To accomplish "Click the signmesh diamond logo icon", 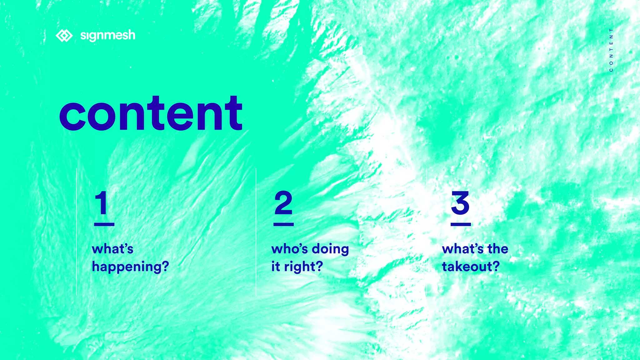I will pyautogui.click(x=64, y=36).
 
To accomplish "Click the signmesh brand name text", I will pyautogui.click(x=108, y=35).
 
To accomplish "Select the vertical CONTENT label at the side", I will pyautogui.click(x=611, y=50).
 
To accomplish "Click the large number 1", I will pyautogui.click(x=102, y=203).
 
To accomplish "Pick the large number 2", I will pyautogui.click(x=283, y=203).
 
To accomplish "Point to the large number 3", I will pyautogui.click(x=460, y=203).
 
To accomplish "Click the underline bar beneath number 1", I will pyautogui.click(x=104, y=224).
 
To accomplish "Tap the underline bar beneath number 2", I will pyautogui.click(x=283, y=224).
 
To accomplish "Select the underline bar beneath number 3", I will pyautogui.click(x=461, y=224).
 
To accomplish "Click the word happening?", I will pyautogui.click(x=130, y=267).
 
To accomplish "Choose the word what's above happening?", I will pyautogui.click(x=112, y=249).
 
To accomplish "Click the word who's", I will pyautogui.click(x=290, y=249).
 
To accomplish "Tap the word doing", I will pyautogui.click(x=330, y=249).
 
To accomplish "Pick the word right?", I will pyautogui.click(x=303, y=267).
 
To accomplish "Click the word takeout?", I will pyautogui.click(x=471, y=267).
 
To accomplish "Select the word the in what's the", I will pyautogui.click(x=498, y=249).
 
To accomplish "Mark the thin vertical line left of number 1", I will pyautogui.click(x=77, y=231).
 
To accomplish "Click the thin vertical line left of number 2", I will pyautogui.click(x=256, y=231).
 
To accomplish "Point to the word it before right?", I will pyautogui.click(x=276, y=267).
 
